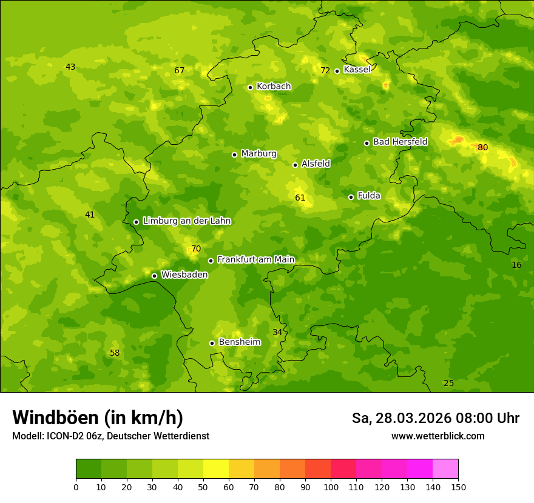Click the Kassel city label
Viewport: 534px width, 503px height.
[357, 70]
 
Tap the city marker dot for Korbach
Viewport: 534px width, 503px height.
[250, 87]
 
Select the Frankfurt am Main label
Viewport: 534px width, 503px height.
[255, 259]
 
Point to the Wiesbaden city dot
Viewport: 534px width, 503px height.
[154, 276]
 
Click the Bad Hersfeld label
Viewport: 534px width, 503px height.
[400, 142]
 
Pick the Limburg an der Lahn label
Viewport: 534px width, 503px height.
[186, 221]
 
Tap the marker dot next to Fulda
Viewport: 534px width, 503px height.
[351, 197]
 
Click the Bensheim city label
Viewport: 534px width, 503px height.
[239, 342]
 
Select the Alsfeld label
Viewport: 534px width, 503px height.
[316, 164]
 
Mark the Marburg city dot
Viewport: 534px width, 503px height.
[234, 155]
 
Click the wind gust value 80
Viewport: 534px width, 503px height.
[482, 147]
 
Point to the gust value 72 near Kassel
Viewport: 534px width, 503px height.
[325, 71]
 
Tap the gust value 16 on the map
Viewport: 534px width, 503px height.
[516, 265]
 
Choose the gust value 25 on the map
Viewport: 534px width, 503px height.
[448, 383]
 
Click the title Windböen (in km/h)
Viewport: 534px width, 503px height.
[98, 418]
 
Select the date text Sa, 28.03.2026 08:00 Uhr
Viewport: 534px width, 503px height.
[435, 418]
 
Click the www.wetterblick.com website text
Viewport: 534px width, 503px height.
[438, 436]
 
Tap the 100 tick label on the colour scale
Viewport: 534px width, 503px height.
[331, 487]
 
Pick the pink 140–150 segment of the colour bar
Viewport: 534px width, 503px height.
[445, 469]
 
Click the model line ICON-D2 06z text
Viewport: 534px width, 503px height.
[110, 436]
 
